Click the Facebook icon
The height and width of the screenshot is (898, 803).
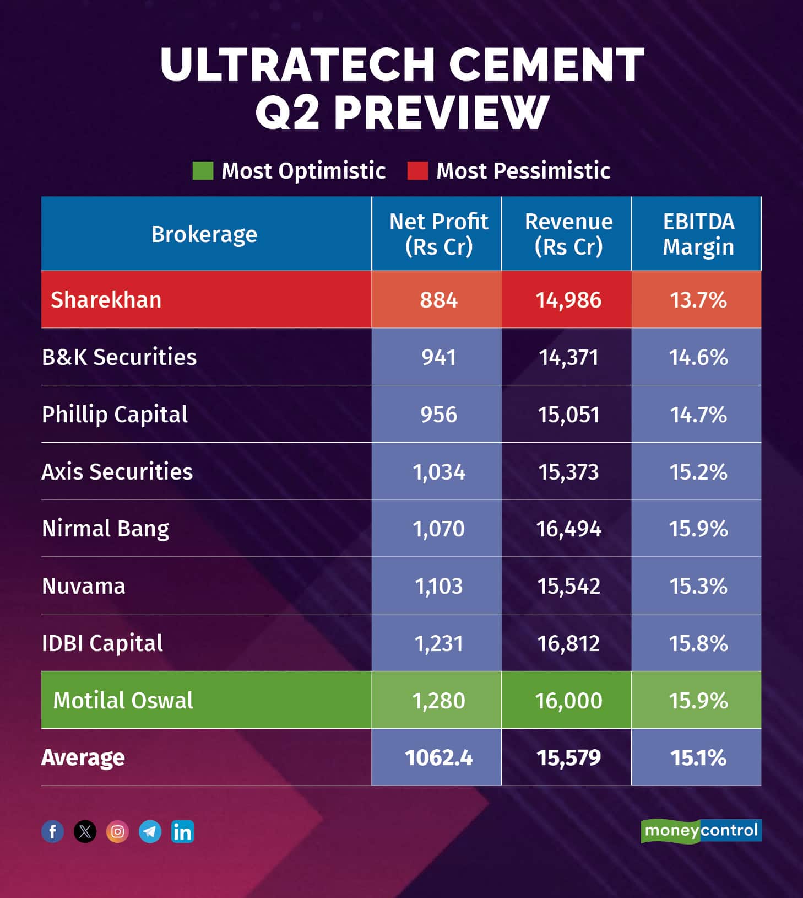(53, 831)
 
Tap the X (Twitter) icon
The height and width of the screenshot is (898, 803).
(85, 831)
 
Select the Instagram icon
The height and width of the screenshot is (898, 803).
(117, 831)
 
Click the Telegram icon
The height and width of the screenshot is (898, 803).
(150, 831)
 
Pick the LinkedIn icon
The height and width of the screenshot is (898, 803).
(182, 831)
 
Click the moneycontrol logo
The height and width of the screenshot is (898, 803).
(701, 831)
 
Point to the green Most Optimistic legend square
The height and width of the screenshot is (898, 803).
(203, 171)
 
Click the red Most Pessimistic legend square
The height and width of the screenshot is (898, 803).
(417, 171)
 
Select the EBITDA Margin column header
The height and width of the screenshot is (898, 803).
(698, 234)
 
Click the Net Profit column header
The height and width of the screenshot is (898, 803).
(438, 234)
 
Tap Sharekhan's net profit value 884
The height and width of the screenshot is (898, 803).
(438, 300)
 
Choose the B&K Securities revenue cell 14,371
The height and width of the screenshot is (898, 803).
(568, 357)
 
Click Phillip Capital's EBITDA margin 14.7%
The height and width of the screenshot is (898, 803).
(698, 415)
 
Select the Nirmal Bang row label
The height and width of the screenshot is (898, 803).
(106, 529)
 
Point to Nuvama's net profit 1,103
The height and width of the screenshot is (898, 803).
(438, 586)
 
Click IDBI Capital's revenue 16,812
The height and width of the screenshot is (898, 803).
(568, 643)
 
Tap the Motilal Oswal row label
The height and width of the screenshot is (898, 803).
(123, 701)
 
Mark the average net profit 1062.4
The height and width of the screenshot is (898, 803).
(438, 758)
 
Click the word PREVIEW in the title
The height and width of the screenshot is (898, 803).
(441, 112)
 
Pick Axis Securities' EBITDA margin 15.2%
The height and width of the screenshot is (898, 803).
(698, 472)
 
